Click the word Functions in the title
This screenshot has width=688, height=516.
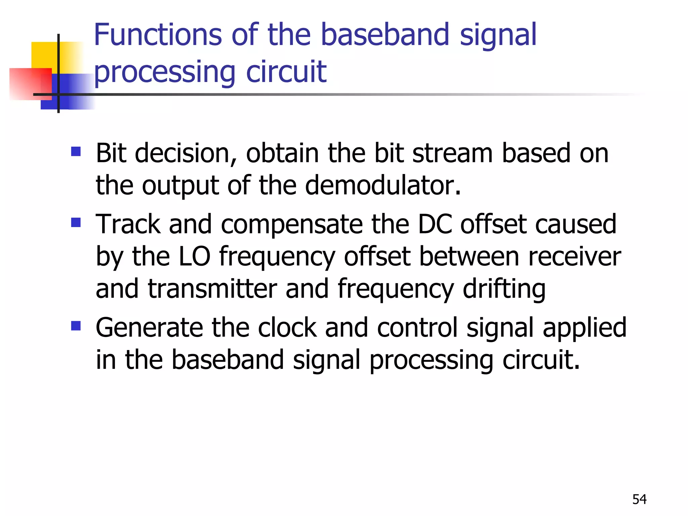pos(158,35)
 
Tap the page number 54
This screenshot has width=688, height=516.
pos(639,500)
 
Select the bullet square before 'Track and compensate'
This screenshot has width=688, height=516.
pos(76,222)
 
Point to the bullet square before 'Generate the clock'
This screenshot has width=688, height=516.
pos(76,326)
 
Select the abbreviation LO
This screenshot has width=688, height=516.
pos(195,256)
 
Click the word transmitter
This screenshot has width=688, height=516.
pos(212,289)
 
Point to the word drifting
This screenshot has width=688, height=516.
pos(504,289)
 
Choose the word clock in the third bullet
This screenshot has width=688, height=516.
pos(287,328)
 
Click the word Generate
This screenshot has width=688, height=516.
pos(149,328)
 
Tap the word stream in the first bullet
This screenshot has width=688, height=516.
pos(452,154)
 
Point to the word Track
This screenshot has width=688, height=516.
pos(128,224)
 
